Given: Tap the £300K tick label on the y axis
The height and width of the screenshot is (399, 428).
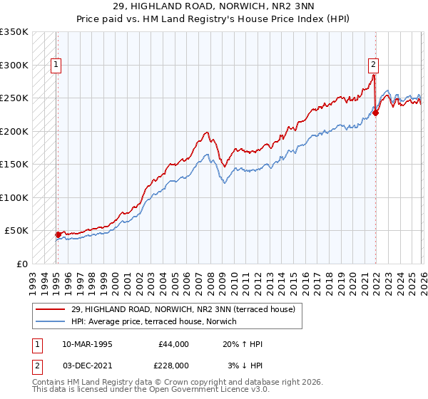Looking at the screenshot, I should (14, 65).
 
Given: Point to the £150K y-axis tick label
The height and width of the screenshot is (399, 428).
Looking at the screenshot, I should (14, 165).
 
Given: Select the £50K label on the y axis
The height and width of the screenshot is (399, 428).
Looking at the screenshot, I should (17, 231).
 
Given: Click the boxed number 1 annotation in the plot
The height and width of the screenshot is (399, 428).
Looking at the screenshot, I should (56, 65).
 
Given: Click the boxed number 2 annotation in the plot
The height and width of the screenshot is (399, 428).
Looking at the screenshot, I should (372, 65).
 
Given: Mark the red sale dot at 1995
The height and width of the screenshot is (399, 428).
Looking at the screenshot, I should (58, 234).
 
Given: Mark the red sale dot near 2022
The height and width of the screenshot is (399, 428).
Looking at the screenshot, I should (375, 112).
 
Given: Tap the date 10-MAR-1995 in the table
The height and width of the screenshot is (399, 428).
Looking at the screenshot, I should (87, 344).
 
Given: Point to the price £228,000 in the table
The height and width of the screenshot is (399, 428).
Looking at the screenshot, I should (173, 366).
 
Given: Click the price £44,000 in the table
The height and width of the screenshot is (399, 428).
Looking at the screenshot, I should (173, 344).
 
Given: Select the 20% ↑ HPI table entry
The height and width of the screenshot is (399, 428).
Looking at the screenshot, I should (243, 344).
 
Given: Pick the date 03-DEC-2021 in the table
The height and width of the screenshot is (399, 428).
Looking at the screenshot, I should (87, 366).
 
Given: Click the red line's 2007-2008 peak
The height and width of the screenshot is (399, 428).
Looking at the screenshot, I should (206, 133).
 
